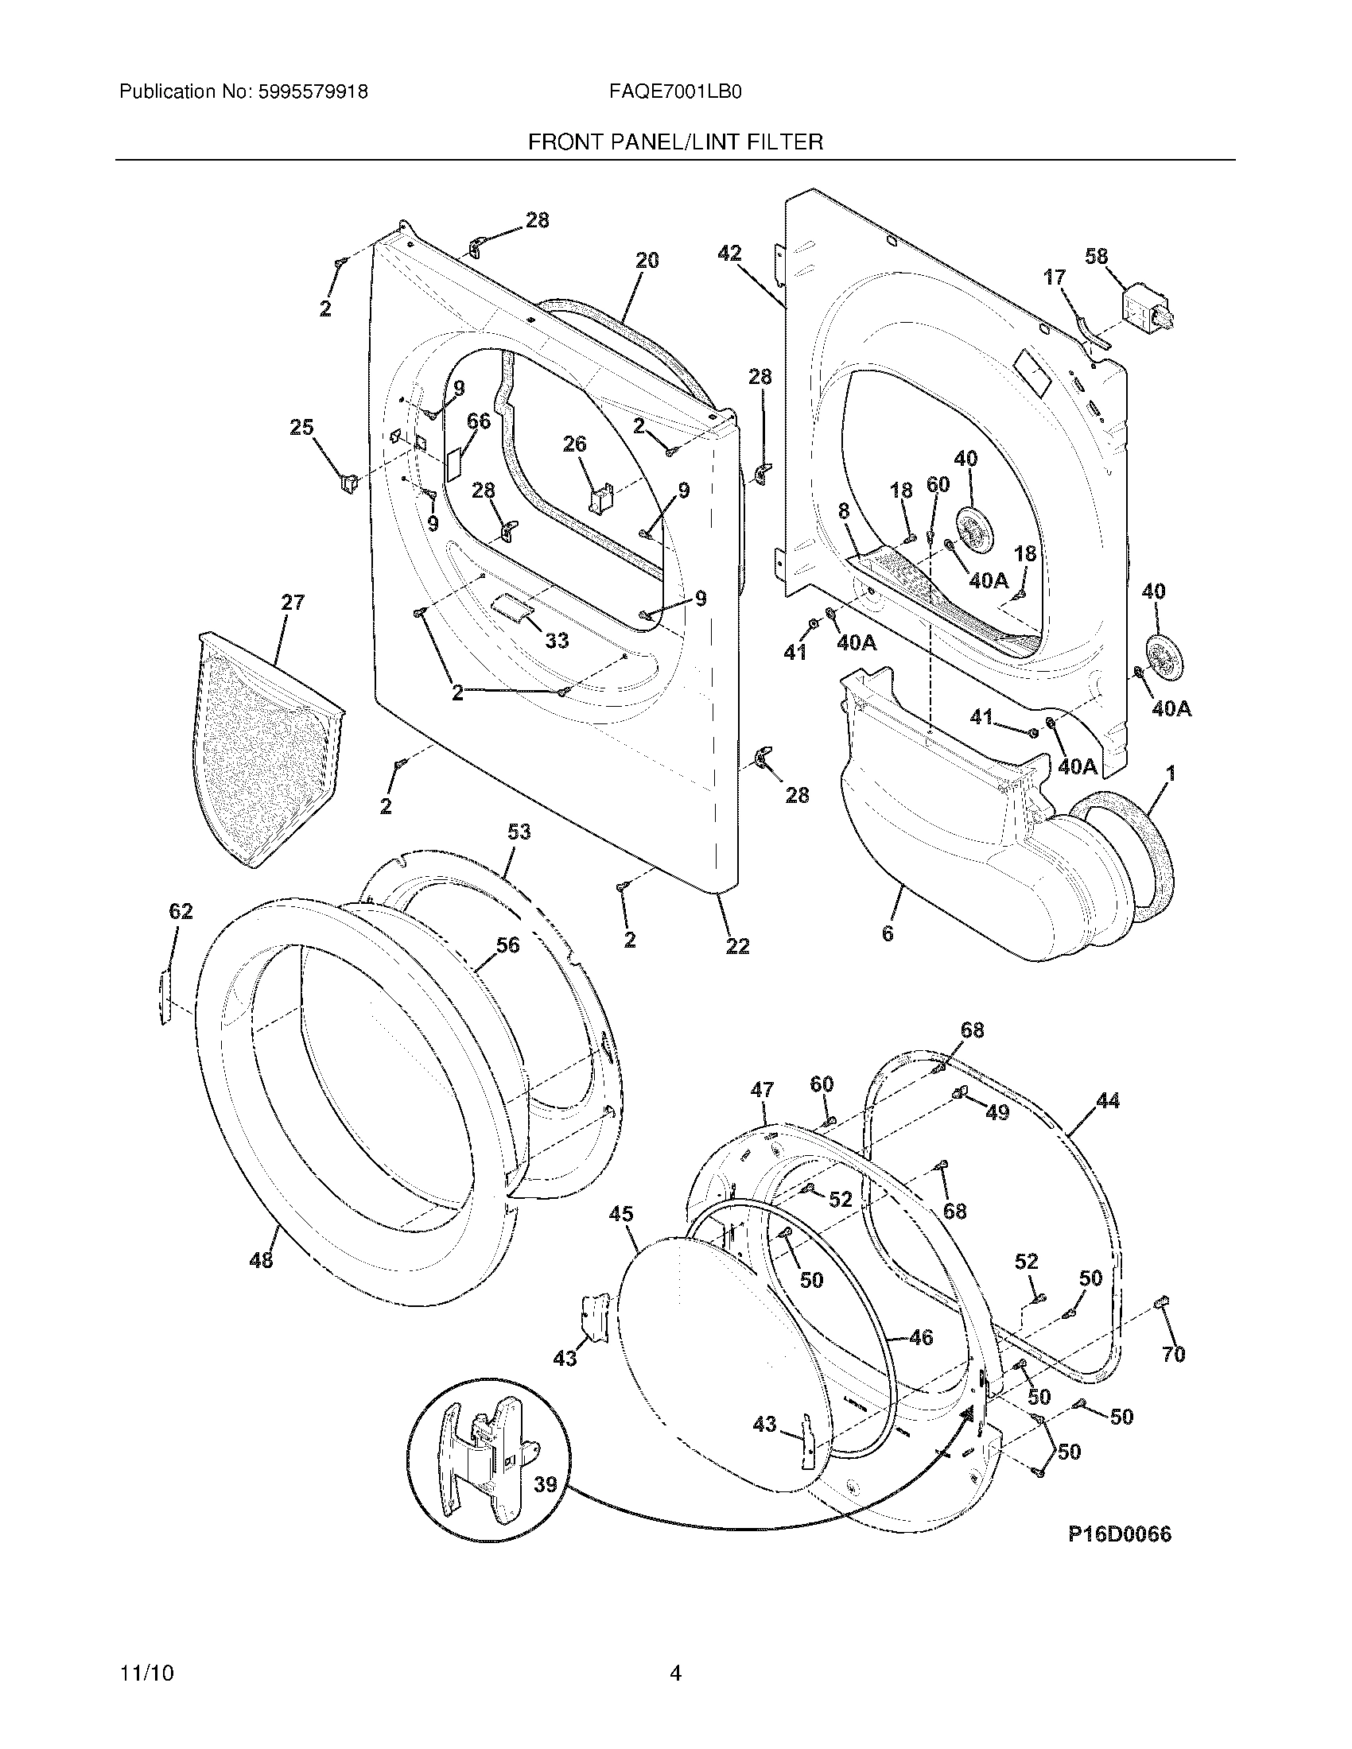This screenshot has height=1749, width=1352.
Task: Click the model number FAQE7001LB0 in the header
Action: coord(674,92)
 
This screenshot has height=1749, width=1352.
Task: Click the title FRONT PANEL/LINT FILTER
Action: coord(675,142)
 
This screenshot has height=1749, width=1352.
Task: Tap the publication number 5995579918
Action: coord(313,92)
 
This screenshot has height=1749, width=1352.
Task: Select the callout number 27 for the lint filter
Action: coord(293,603)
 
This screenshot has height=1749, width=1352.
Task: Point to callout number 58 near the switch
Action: coord(1096,256)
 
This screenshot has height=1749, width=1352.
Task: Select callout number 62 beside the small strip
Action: coord(181,911)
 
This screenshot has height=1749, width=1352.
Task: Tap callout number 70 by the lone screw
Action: coord(1172,1354)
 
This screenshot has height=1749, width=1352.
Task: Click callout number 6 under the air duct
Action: coord(888,934)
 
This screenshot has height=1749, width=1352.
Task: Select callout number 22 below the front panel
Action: coord(737,946)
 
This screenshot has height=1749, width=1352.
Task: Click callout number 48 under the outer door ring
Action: coord(261,1260)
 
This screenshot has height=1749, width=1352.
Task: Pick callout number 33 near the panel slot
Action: coord(556,640)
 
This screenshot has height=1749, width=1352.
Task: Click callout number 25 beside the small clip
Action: coord(301,428)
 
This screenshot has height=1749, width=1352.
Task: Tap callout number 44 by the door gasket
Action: coord(1108,1101)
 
